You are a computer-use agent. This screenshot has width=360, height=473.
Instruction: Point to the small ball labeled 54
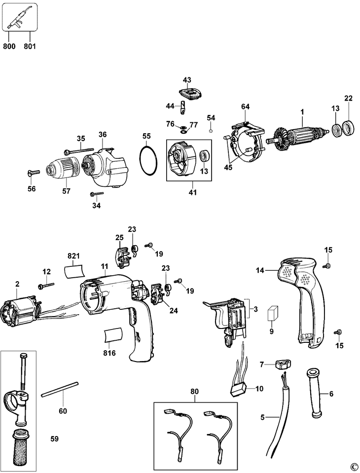pos(211,131)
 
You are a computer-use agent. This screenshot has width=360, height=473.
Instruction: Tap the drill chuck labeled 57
pos(65,167)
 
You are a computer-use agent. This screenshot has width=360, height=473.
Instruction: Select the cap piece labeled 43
pos(188,93)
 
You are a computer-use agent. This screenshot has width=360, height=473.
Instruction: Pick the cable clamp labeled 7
pos(283,365)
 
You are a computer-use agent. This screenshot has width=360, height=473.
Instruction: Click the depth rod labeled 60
pos(60,388)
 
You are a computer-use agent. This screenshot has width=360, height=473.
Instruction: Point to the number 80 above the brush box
pos(194,392)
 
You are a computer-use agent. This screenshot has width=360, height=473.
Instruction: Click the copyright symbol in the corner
pos(354,467)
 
